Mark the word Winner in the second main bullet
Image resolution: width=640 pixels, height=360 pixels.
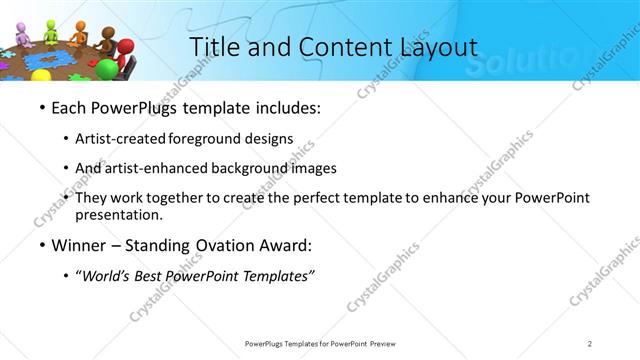point(83,245)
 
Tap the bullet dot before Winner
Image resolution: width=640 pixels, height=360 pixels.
point(42,245)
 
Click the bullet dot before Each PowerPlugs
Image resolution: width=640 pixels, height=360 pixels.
point(42,107)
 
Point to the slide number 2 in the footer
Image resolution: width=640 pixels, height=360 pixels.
point(590,344)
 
